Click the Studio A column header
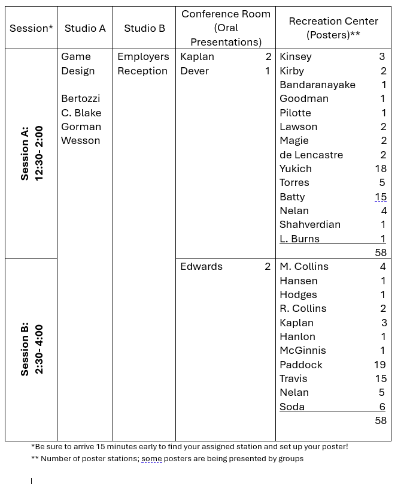coord(85,28)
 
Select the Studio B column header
coord(144,28)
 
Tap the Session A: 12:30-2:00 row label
coord(31,154)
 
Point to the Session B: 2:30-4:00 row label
coord(31,350)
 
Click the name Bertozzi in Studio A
coord(80,98)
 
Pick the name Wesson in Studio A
coord(80,140)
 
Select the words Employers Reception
coord(142,64)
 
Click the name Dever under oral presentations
coord(195,71)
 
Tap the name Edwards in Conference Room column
coord(201,266)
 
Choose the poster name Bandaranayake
coord(317,85)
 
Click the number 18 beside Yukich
coord(381,169)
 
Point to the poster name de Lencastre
coord(311,155)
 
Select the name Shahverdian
coord(309,224)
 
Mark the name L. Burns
coord(299,239)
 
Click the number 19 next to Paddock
coord(380,365)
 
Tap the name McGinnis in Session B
coord(302,350)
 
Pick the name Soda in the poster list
coord(292,407)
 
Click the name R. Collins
coord(303,308)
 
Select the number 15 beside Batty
coord(381,197)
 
